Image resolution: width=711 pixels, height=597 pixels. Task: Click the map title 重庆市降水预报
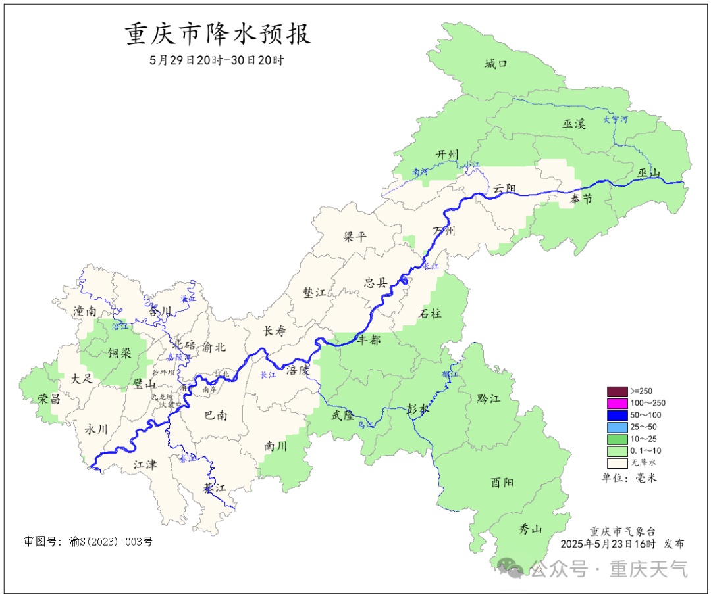coord(218,34)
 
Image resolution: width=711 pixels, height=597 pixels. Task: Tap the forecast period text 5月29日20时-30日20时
coord(217,60)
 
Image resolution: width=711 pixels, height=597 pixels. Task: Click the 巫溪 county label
coord(573,123)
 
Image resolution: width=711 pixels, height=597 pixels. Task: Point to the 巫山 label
coord(648,173)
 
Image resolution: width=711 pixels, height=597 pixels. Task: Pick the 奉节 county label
coord(581,199)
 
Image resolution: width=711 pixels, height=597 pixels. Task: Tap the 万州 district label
coord(444,231)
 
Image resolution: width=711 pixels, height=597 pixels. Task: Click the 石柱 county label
coord(431,314)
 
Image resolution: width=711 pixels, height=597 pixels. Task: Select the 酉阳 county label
coord(502,482)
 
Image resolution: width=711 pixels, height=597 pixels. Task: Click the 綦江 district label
coord(215,488)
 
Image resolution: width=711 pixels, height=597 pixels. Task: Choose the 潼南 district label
coord(85,310)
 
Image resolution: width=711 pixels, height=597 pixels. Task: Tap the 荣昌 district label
coord(49,398)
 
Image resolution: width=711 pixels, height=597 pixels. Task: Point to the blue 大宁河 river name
coord(616,120)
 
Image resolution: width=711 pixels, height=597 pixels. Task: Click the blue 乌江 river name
coord(366,425)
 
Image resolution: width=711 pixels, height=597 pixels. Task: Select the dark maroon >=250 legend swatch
coord(617,391)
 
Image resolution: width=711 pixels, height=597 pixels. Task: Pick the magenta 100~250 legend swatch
coord(617,403)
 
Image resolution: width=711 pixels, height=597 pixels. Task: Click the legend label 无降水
coord(643,462)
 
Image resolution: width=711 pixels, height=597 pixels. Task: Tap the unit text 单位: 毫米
coord(629,477)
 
